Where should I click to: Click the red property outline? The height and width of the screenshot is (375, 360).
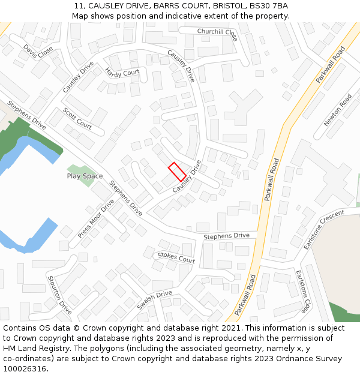tap(176, 172)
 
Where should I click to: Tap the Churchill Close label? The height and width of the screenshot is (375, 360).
tap(217, 34)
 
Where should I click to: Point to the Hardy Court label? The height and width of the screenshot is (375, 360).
tap(122, 72)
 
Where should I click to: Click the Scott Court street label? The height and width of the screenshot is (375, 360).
tap(77, 118)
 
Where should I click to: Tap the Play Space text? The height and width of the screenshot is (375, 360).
tap(85, 176)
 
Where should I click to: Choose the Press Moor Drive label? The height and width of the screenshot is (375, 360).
tap(95, 218)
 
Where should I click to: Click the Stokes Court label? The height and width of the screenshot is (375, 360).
tap(176, 258)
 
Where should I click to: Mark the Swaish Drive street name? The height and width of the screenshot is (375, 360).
tap(154, 300)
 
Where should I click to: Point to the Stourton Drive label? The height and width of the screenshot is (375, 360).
tap(59, 295)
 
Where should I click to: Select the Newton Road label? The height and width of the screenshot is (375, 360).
tap(338, 109)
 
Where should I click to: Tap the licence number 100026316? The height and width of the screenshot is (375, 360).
tap(25, 369)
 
